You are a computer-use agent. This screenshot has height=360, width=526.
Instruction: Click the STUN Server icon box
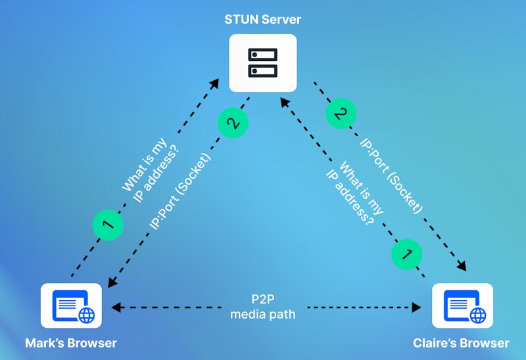263,63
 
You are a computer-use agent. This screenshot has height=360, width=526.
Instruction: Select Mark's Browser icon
71,305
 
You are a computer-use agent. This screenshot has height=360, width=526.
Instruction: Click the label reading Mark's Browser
71,343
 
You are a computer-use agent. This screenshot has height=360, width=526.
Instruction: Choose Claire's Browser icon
462,305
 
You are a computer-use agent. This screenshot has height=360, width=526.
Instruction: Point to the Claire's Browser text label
461,343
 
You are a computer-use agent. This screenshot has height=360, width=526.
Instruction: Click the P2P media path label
263,307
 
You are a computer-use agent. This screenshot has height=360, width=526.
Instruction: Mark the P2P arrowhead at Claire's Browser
419,307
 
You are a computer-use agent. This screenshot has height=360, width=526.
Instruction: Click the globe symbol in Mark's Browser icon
86,315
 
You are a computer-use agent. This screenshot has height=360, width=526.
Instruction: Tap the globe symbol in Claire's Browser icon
477,315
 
